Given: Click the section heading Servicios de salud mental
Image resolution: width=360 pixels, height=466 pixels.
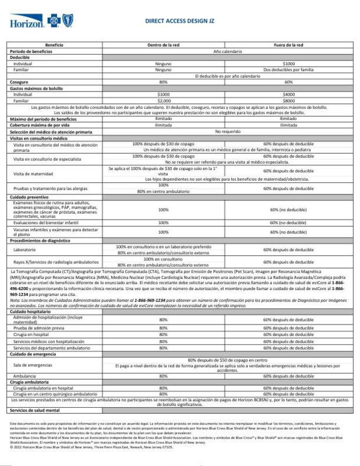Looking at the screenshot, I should (36, 411).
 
